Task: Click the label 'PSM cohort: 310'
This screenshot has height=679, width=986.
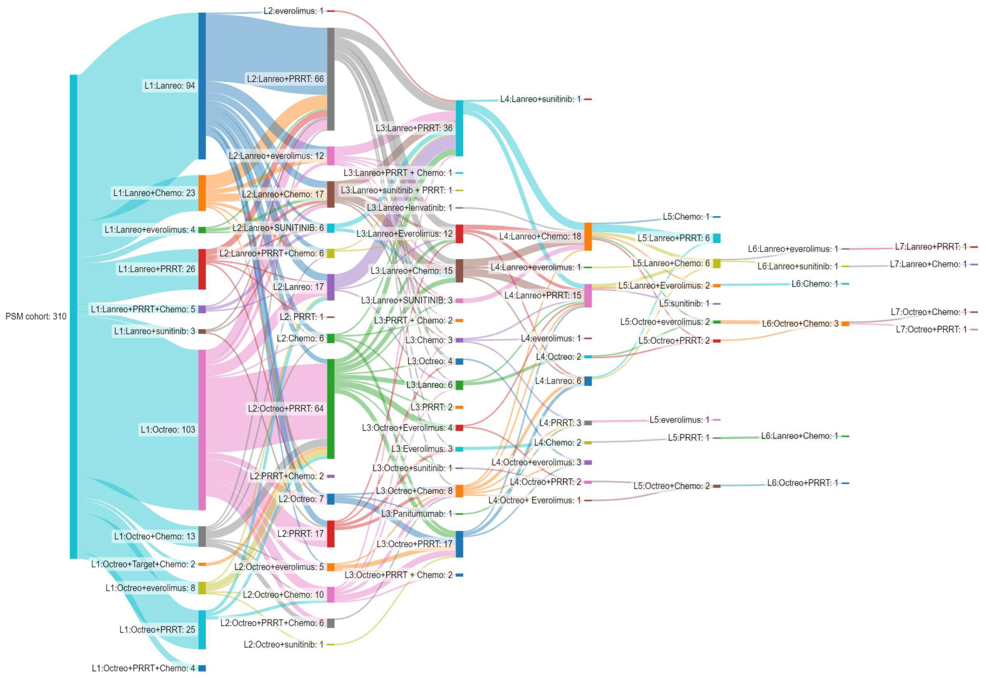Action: click(x=36, y=316)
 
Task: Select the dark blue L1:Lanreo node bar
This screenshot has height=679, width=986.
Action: click(x=202, y=86)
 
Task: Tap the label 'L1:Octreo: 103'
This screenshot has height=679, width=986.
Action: click(x=168, y=430)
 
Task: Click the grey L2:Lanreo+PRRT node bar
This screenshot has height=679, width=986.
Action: click(x=331, y=79)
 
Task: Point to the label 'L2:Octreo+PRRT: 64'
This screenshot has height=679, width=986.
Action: click(x=286, y=409)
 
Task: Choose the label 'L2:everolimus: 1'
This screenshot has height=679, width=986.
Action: click(x=293, y=11)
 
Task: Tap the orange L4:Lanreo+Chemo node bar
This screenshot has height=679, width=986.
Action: click(x=588, y=237)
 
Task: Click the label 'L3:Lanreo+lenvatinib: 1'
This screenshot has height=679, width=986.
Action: click(x=409, y=208)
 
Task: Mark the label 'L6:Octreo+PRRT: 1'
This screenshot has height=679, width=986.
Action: click(x=802, y=483)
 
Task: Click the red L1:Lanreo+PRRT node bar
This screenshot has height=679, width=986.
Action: click(x=202, y=269)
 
